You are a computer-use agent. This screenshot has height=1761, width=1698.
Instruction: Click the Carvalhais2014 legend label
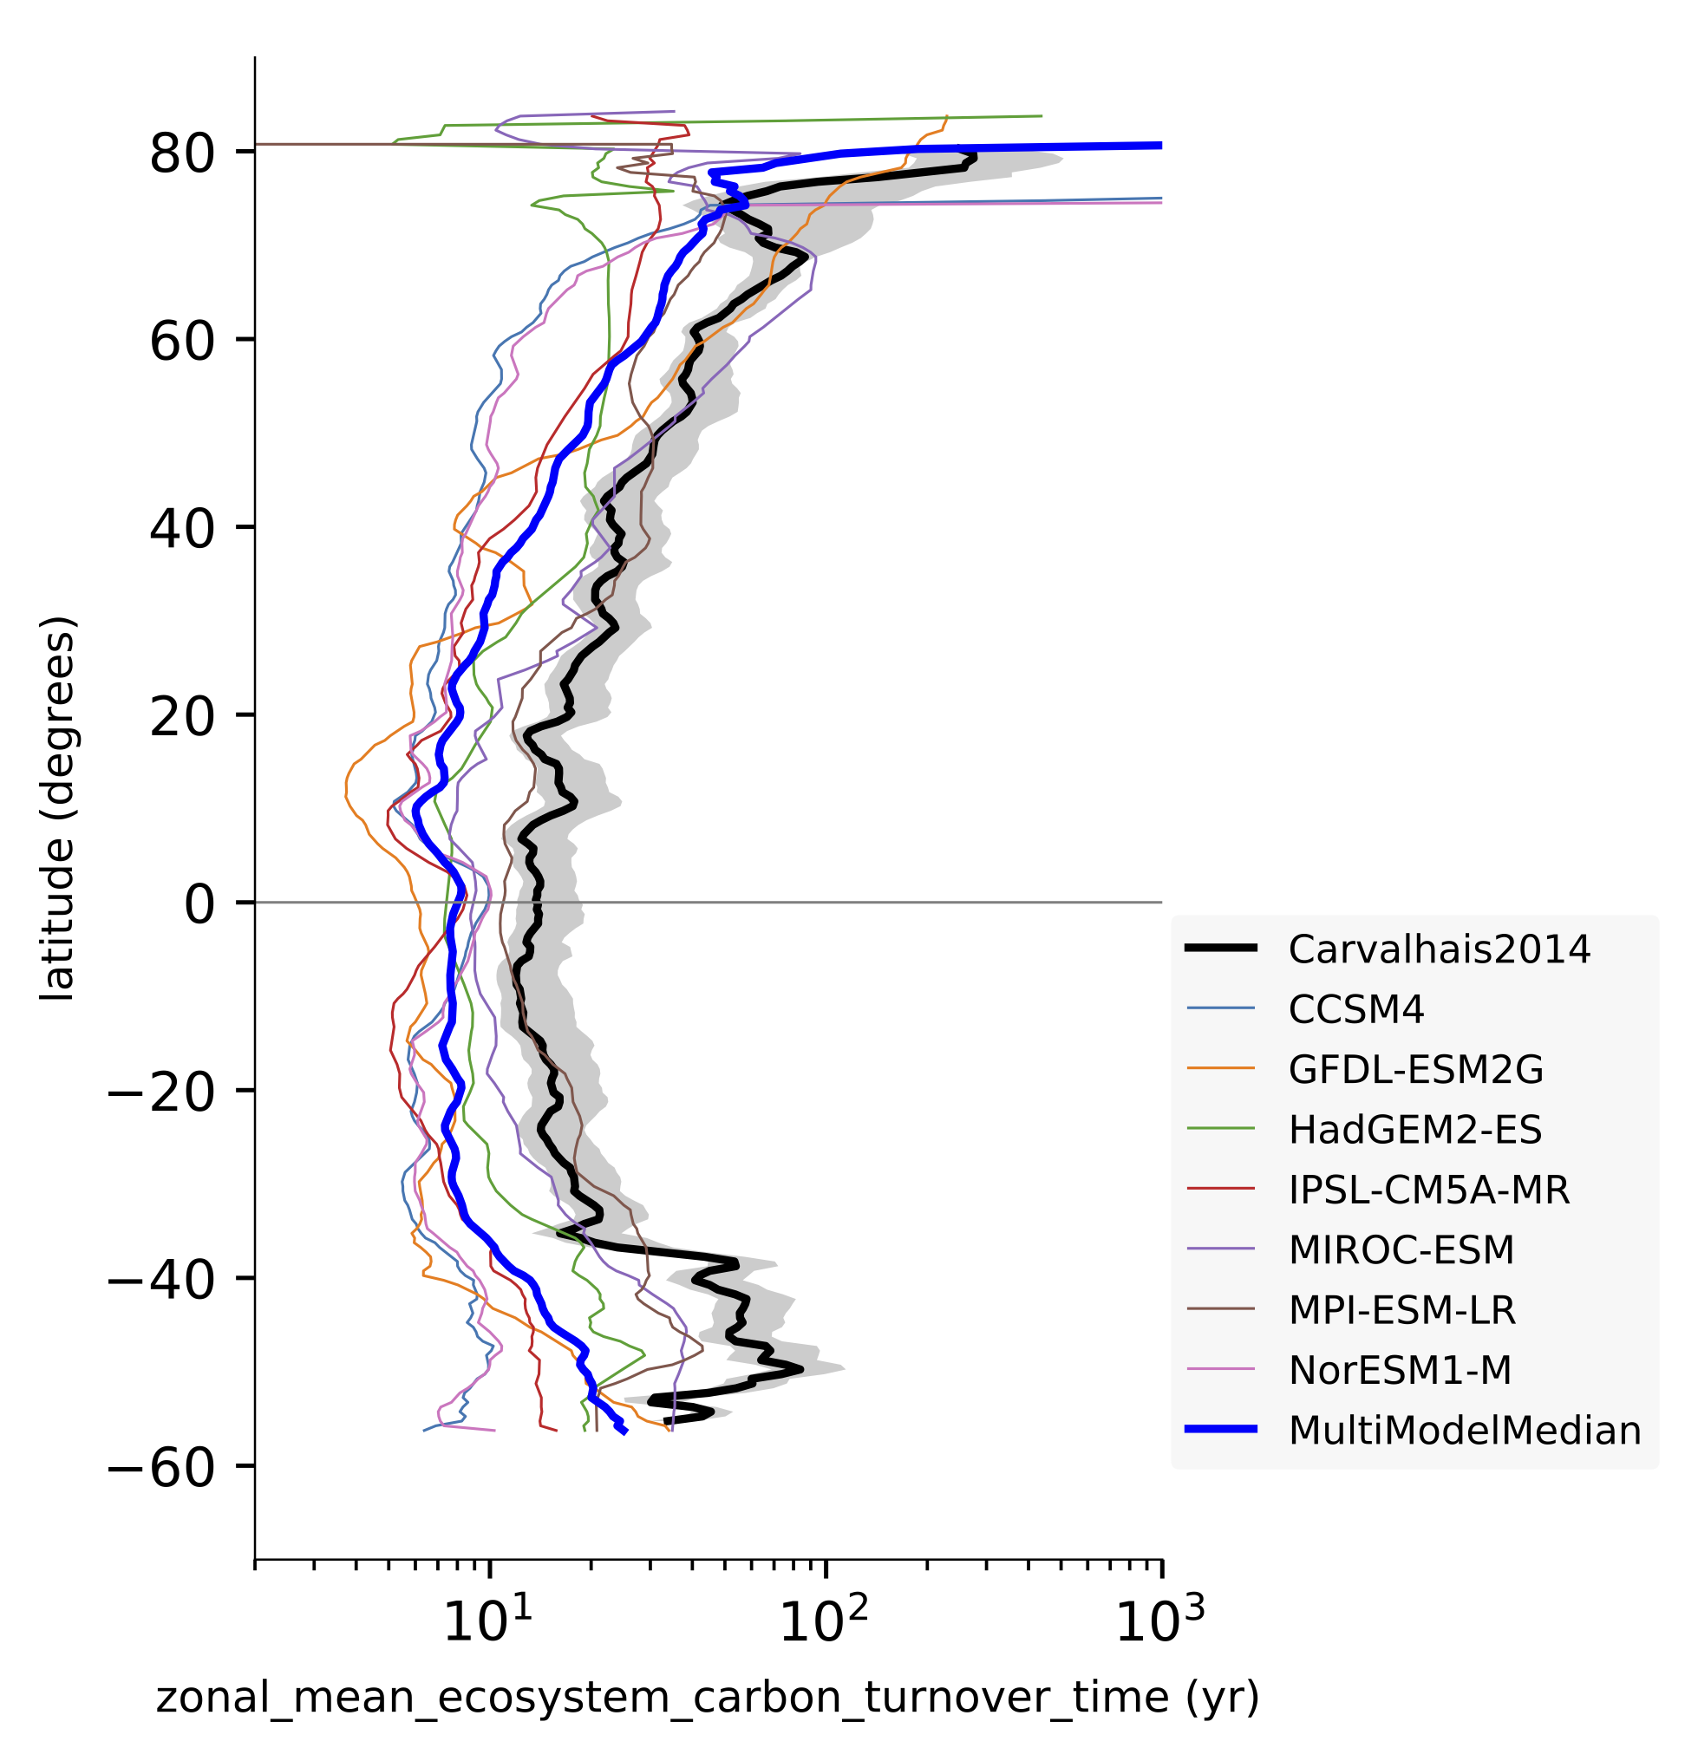(x=1439, y=949)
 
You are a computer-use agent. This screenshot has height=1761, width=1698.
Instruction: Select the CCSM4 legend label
(x=1355, y=1010)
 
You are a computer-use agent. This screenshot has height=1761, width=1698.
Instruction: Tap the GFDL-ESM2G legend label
(x=1416, y=1069)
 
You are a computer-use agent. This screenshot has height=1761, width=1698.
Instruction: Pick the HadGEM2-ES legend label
(x=1415, y=1130)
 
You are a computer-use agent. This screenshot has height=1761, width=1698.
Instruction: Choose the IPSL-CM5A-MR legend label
(x=1428, y=1190)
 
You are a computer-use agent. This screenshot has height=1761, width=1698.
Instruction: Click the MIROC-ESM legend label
(x=1401, y=1249)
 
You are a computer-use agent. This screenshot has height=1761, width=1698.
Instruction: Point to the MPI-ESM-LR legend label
(x=1401, y=1310)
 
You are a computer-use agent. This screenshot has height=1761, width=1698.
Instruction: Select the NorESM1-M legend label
(x=1400, y=1370)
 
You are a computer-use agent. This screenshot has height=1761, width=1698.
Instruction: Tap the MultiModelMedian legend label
(x=1465, y=1431)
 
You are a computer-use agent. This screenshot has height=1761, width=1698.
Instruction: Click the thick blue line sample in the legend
(x=1220, y=1430)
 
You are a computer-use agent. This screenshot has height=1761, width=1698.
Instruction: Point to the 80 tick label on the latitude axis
(x=182, y=153)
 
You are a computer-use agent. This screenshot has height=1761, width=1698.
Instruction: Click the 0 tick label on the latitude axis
(x=199, y=903)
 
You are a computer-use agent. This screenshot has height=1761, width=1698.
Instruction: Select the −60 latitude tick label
(x=161, y=1467)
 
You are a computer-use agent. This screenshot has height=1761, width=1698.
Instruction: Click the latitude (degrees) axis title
(x=57, y=809)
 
